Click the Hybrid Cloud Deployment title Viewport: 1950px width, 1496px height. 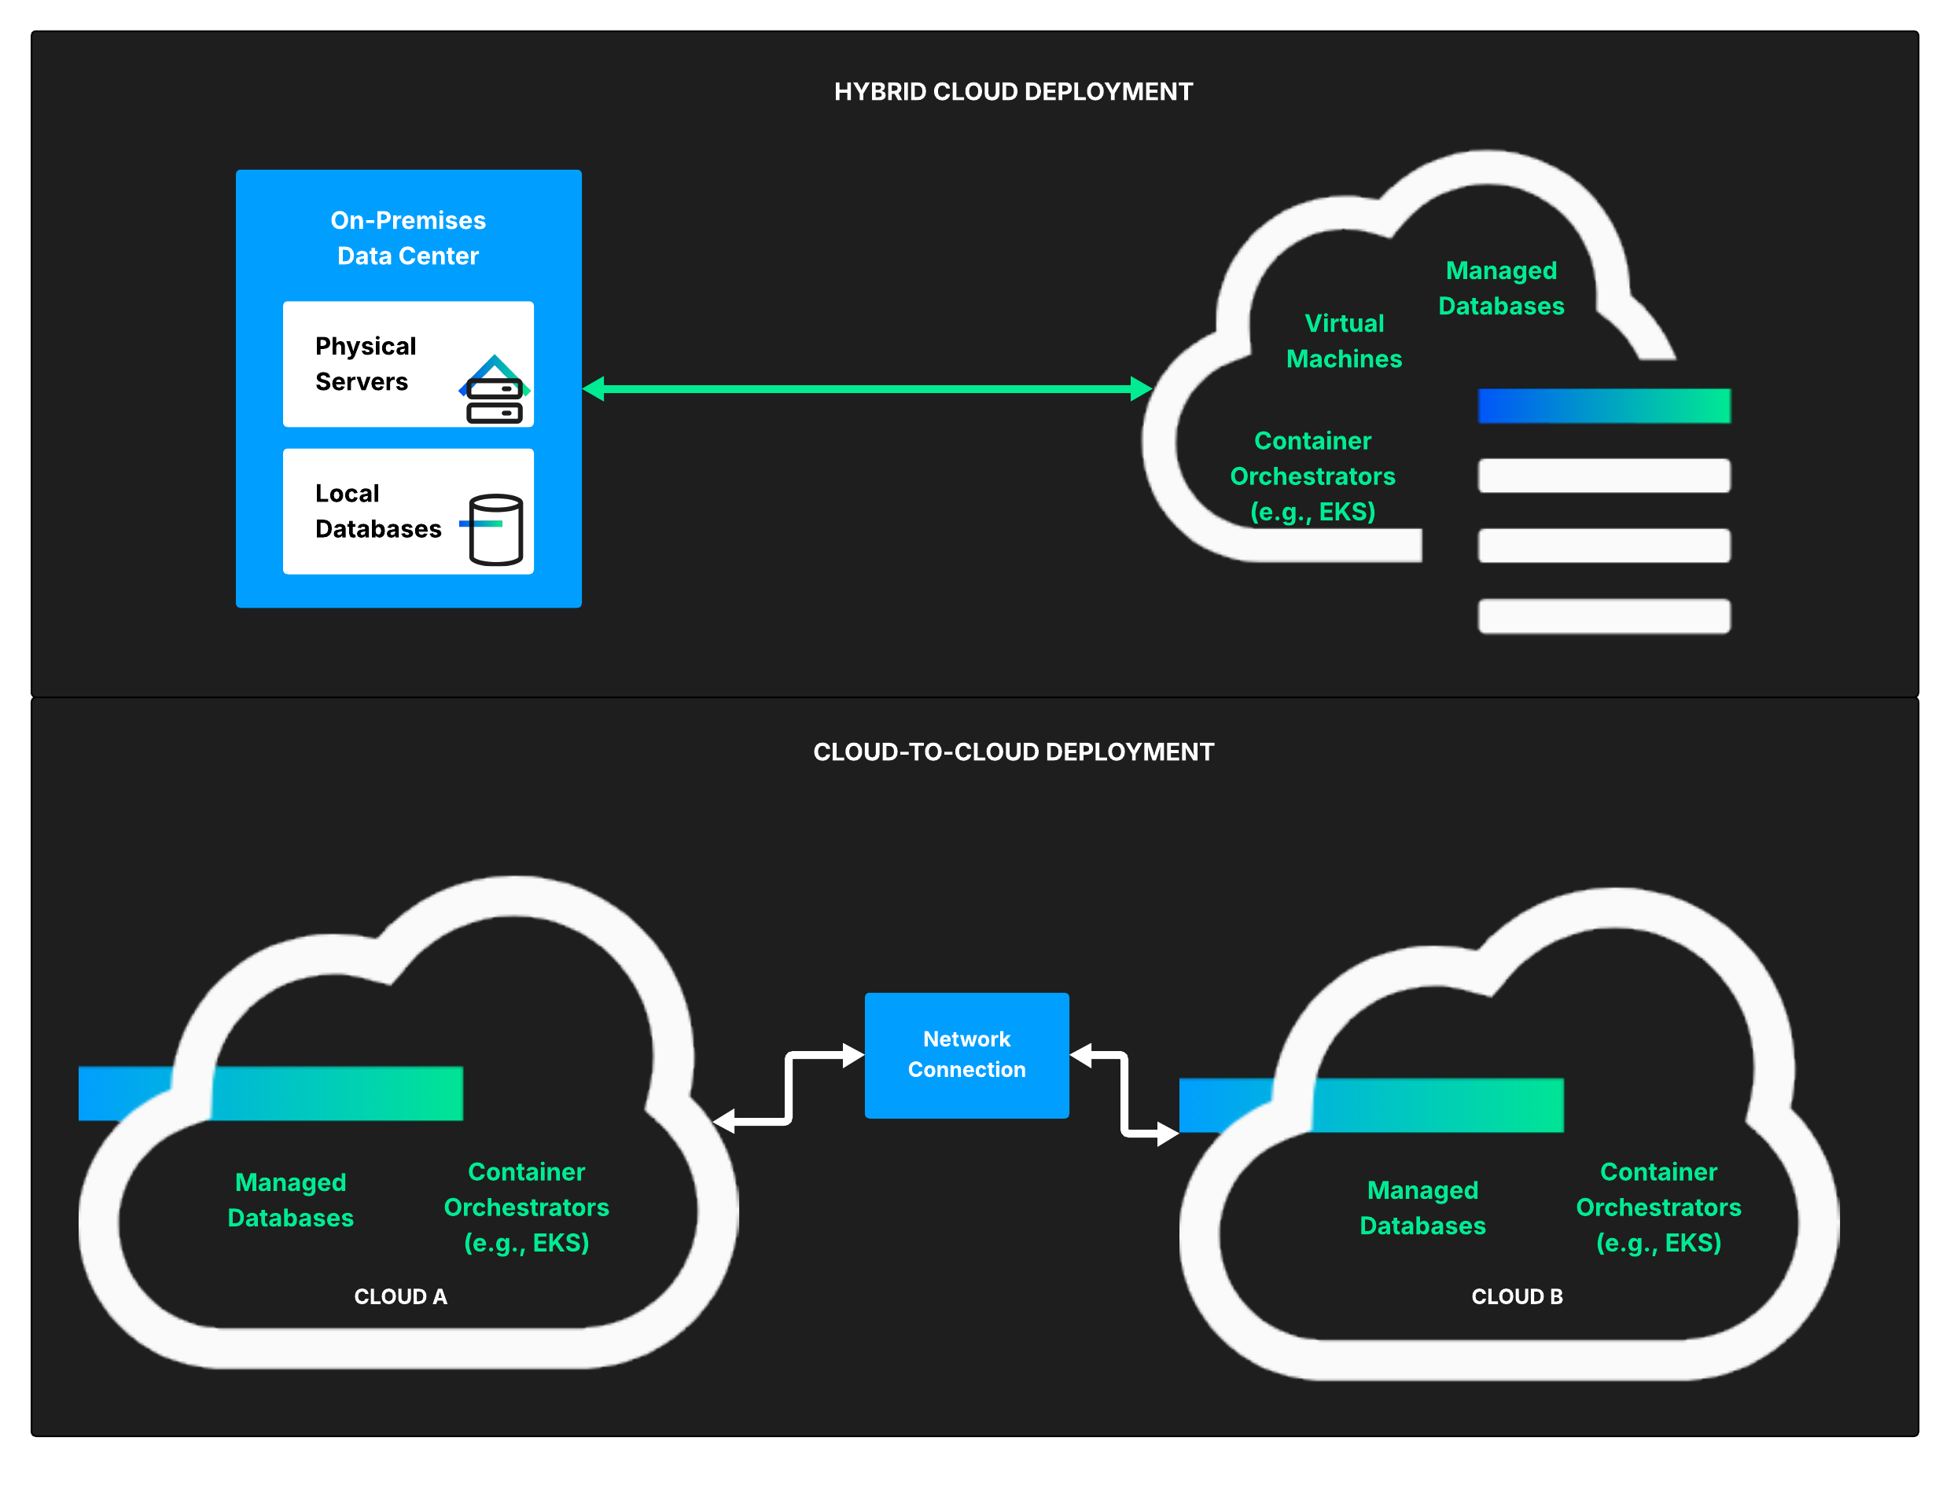point(1013,92)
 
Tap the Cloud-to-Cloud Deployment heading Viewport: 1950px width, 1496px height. point(1013,752)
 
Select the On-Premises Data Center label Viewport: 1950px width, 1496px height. point(408,237)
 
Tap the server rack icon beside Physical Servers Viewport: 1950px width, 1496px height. point(494,391)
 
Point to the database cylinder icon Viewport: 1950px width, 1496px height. point(495,529)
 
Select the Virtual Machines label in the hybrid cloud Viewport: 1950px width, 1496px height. point(1344,341)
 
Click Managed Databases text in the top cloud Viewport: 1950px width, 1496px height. point(1500,288)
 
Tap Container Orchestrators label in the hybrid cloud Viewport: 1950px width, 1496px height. point(1312,476)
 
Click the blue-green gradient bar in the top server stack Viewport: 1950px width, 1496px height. point(1602,406)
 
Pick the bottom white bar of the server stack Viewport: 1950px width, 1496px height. point(1602,616)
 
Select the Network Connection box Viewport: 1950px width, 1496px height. point(966,1055)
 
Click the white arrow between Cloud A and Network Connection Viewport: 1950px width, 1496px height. point(789,1087)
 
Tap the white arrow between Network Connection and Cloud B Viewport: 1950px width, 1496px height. point(1124,1094)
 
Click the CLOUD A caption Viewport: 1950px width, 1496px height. point(401,1296)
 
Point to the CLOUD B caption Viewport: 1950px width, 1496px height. point(1517,1296)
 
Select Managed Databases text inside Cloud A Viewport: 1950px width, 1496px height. point(290,1200)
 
